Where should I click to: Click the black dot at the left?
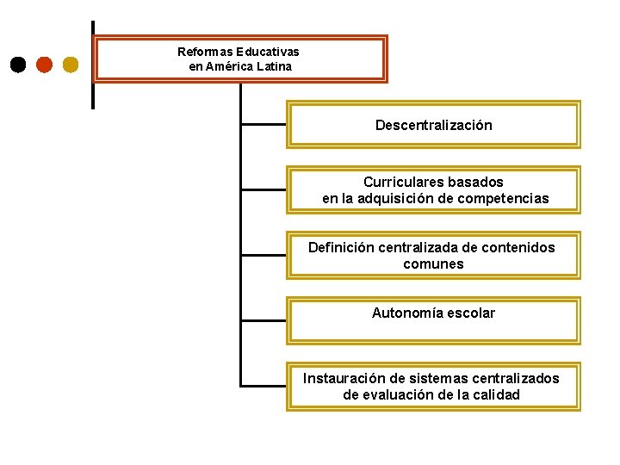[18, 65]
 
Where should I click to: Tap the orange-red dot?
[45, 65]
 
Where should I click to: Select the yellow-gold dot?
[71, 65]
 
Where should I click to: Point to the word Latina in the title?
[274, 66]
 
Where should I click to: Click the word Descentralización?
[433, 126]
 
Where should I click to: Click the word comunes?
[433, 264]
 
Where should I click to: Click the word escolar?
[471, 313]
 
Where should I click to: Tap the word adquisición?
[400, 199]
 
